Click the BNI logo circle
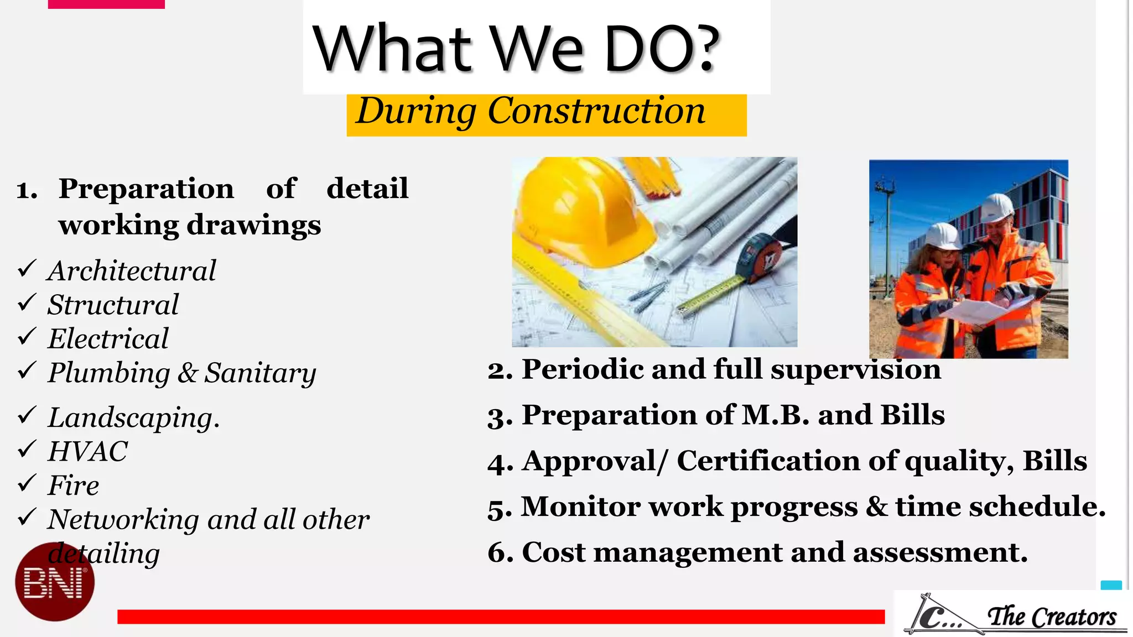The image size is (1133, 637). point(54,582)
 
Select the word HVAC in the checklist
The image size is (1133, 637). point(87,451)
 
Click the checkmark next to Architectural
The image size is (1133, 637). point(27,269)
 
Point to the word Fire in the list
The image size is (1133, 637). point(73,485)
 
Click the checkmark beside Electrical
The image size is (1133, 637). point(27,337)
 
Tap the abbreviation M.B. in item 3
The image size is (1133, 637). point(775,415)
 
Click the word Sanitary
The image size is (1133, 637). point(260,373)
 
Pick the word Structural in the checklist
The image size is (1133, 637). point(113,305)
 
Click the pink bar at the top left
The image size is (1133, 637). point(106,4)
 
